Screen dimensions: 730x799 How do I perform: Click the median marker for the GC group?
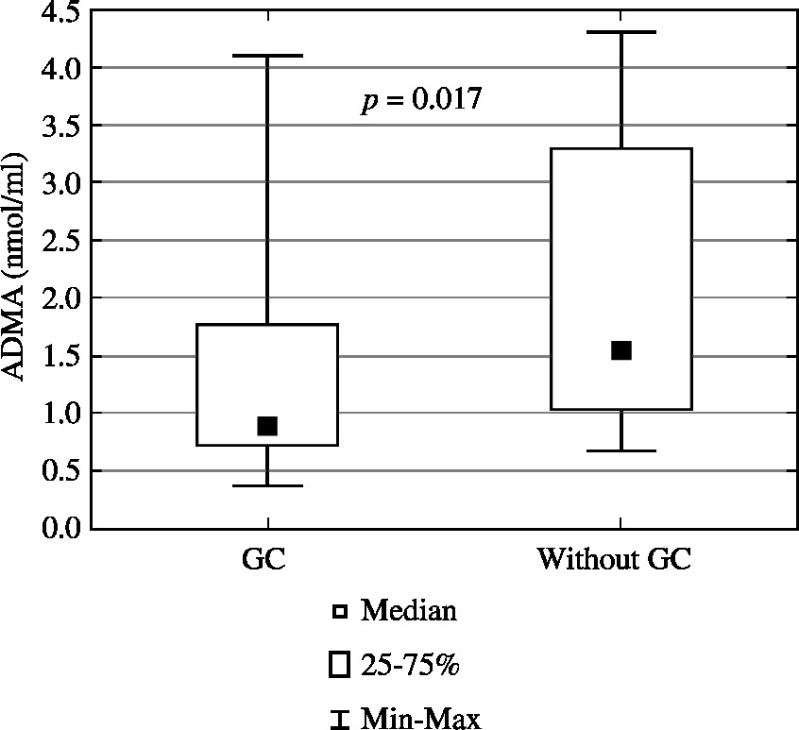tap(267, 426)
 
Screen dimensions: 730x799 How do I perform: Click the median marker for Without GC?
tap(620, 350)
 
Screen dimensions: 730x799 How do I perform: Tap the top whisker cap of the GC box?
tap(267, 56)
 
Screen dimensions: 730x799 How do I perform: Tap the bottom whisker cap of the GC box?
tap(267, 485)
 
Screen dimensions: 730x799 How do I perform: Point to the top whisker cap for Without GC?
tap(620, 32)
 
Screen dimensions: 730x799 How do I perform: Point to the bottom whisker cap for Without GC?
tap(620, 450)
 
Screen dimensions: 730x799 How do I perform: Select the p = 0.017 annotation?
tap(420, 100)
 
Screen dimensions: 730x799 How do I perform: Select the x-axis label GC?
tap(264, 558)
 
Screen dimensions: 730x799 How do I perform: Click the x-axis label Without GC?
tap(615, 558)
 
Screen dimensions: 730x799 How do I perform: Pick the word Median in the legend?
tap(409, 611)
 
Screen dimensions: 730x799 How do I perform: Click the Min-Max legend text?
tap(419, 720)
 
